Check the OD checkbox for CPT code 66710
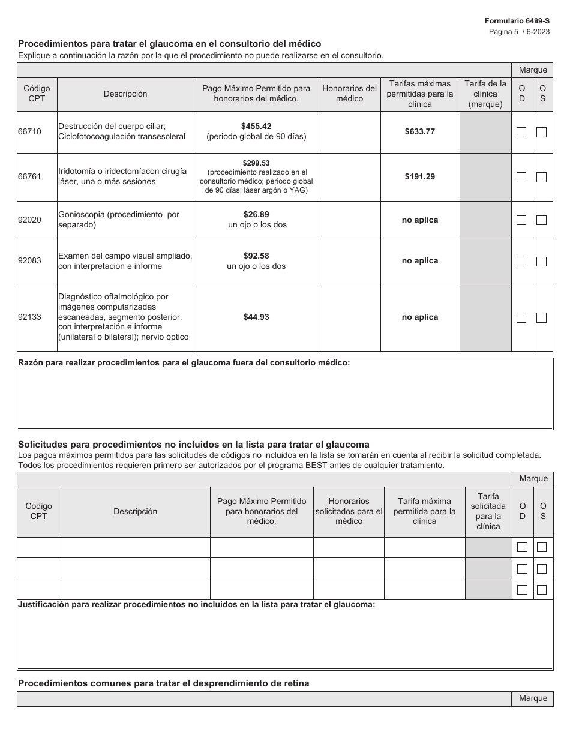click(x=521, y=132)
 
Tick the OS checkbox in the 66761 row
click(x=541, y=177)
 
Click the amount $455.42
click(x=256, y=126)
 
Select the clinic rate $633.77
click(x=420, y=131)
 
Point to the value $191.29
click(x=420, y=176)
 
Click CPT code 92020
click(x=30, y=220)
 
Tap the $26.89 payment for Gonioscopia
click(x=256, y=214)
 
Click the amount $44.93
click(x=256, y=317)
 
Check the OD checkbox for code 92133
click(x=521, y=317)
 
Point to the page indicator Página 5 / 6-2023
click(x=519, y=31)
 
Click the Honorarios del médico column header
click(x=349, y=94)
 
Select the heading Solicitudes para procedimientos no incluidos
click(x=193, y=445)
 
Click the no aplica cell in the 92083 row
click(x=420, y=261)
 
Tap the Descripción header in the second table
click(x=135, y=511)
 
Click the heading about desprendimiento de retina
click(x=164, y=683)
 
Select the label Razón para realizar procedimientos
click(x=184, y=362)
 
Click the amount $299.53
click(x=256, y=163)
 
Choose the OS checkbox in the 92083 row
click(x=541, y=262)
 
